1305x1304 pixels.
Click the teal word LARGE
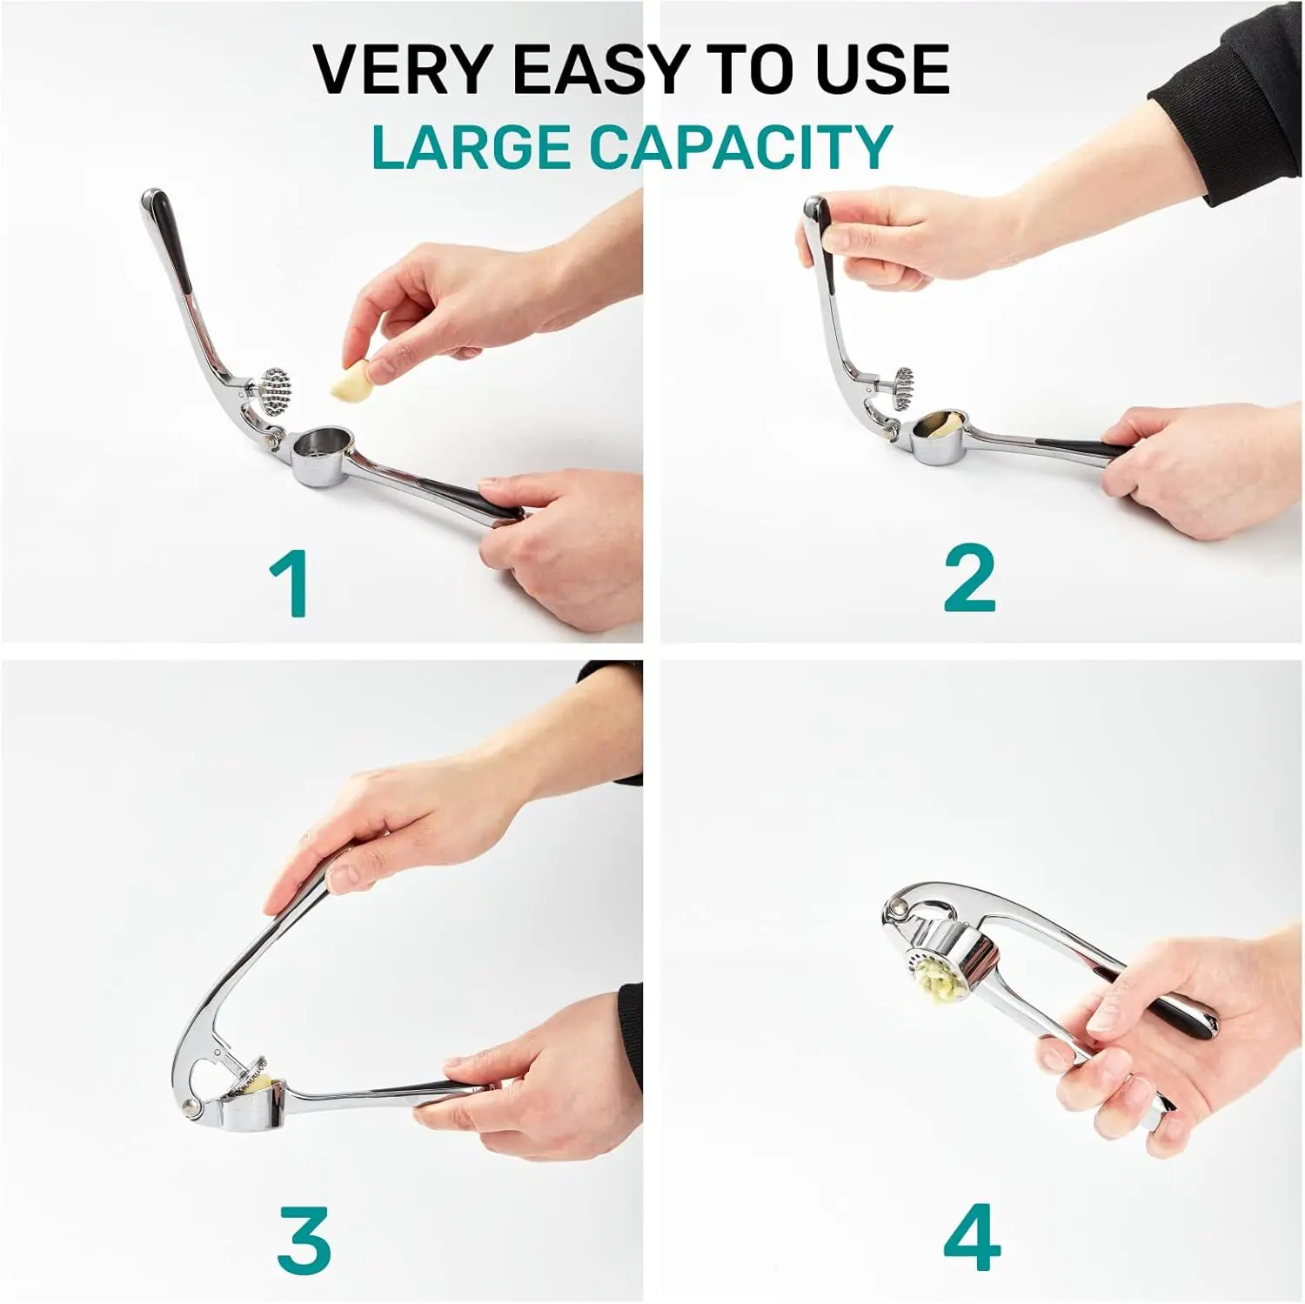coord(471,146)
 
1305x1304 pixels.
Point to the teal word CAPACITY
coord(741,146)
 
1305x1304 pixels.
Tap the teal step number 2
coord(969,578)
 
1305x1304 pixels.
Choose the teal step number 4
coord(972,1238)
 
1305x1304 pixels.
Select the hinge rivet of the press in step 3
coord(189,1107)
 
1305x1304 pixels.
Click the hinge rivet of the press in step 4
coord(895,911)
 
